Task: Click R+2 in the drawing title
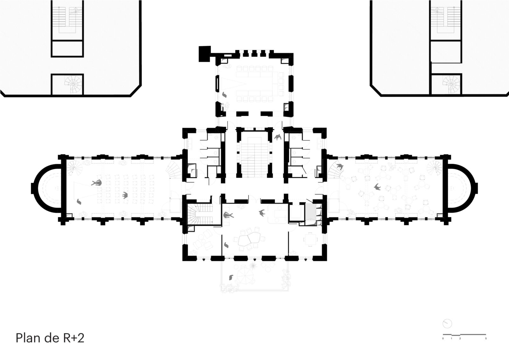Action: pyautogui.click(x=73, y=338)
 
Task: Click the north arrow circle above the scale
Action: pyautogui.click(x=447, y=324)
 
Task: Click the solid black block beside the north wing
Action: pyautogui.click(x=205, y=54)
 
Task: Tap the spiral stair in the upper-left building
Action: pyautogui.click(x=73, y=84)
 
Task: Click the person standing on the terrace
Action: pyautogui.click(x=231, y=278)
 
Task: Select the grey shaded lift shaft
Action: pyautogui.click(x=310, y=212)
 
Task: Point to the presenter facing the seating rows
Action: pyautogui.click(x=97, y=183)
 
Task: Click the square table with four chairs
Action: pyautogui.click(x=310, y=239)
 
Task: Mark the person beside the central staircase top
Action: pyautogui.click(x=278, y=137)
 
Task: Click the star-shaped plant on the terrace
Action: pyautogui.click(x=253, y=265)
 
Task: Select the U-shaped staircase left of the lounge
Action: pyautogui.click(x=200, y=214)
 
